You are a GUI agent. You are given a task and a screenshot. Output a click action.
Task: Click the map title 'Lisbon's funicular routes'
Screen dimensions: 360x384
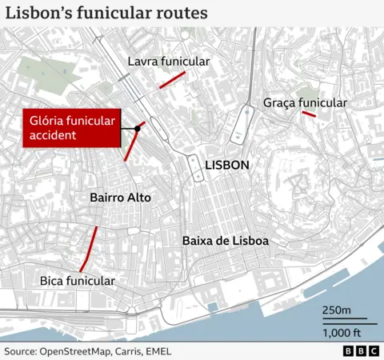click(107, 14)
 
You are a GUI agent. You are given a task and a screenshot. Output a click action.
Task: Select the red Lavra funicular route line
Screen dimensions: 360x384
click(173, 79)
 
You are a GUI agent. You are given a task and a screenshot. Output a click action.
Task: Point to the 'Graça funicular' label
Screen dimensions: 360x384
click(305, 103)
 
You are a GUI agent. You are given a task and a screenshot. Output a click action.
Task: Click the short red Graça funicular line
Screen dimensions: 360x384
click(308, 114)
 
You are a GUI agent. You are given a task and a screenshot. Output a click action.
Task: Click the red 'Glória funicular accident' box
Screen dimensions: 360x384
click(72, 128)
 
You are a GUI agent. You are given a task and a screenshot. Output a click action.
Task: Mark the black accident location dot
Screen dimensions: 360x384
click(138, 128)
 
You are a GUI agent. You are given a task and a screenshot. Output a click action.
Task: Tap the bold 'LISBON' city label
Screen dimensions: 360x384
click(227, 166)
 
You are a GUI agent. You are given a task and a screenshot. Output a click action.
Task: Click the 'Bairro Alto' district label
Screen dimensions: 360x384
click(120, 198)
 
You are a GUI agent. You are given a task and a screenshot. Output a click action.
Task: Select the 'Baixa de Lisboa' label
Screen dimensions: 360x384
click(225, 241)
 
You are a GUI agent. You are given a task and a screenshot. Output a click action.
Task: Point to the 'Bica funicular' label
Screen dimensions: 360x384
click(78, 281)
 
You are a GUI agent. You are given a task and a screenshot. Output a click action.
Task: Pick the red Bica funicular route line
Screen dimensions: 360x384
click(89, 249)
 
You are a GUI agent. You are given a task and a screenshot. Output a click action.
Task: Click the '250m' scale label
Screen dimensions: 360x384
click(336, 310)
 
